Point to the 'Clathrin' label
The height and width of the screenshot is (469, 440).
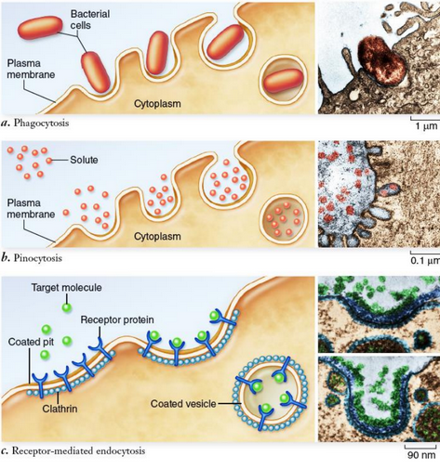click(60, 407)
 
